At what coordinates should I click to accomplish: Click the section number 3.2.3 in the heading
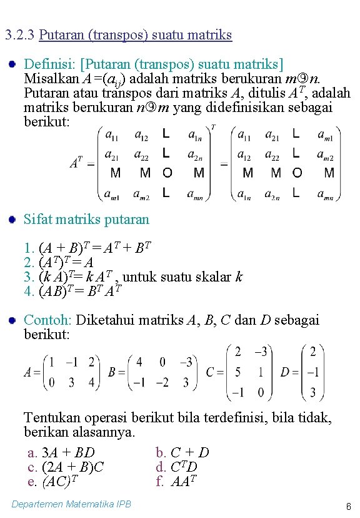pos(19,35)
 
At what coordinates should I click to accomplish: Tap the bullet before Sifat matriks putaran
pos(12,219)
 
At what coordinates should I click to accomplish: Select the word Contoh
pos(47,320)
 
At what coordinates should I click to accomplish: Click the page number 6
pos(347,506)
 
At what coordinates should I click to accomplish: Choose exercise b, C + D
pos(182,452)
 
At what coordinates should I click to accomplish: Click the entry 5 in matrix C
pos(237,373)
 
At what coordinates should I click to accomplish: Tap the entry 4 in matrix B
pos(139,362)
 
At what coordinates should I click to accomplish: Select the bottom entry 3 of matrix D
pos(312,393)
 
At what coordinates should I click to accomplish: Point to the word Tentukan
pos(51,417)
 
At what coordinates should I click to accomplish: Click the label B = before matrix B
pos(116,372)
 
